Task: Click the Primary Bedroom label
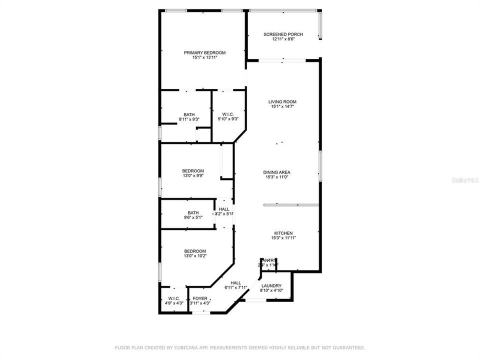click(204, 53)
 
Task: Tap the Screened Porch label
click(283, 34)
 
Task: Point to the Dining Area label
click(276, 172)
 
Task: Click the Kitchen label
click(283, 233)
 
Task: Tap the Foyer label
click(200, 298)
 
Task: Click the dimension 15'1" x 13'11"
click(204, 58)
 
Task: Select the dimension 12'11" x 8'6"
click(283, 39)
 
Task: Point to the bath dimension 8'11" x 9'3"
click(189, 119)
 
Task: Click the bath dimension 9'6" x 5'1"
click(192, 217)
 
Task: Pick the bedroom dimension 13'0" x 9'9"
click(192, 176)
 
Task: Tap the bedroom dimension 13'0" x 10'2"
click(194, 256)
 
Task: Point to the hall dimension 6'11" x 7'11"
click(235, 287)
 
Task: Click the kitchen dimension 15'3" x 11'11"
click(283, 238)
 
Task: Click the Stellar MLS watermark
click(464, 178)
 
